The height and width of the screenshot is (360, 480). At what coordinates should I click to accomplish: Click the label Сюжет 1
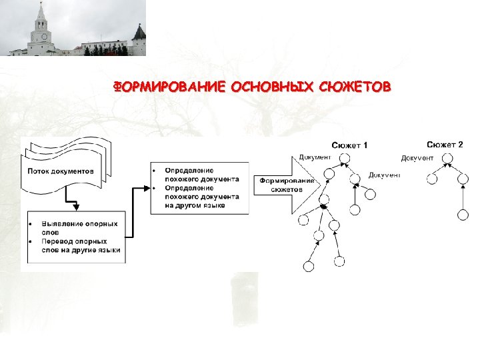tap(349, 145)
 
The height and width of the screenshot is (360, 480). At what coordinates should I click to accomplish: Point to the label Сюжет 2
tap(445, 144)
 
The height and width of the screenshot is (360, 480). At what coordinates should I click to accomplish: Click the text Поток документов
tap(61, 171)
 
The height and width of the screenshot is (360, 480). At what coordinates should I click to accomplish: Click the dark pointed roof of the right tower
tap(139, 31)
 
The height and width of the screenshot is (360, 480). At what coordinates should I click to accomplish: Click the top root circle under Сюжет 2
tap(447, 159)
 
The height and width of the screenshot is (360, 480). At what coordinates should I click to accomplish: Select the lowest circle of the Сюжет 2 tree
tap(463, 215)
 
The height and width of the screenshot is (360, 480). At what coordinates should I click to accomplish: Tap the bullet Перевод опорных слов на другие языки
tap(80, 246)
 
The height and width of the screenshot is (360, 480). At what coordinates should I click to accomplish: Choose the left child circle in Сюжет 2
tap(431, 178)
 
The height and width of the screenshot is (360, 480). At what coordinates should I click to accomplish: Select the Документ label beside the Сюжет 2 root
tap(417, 158)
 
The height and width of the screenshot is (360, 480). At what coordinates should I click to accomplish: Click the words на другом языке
tap(195, 205)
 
